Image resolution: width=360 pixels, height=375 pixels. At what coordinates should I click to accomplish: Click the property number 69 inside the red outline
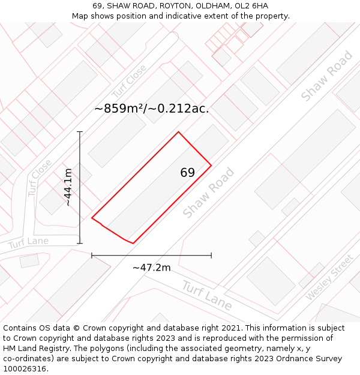[187, 173]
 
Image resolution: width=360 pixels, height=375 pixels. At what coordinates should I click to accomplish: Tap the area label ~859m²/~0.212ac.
[152, 109]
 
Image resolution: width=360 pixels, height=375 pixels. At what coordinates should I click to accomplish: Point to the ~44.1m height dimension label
[68, 187]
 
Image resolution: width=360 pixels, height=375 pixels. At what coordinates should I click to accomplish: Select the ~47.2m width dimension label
[151, 268]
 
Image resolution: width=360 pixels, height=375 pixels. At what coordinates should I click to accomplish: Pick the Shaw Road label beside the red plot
[208, 193]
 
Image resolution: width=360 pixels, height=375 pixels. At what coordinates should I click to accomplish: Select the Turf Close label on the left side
[40, 178]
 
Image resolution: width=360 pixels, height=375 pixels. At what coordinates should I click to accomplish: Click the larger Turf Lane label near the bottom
[207, 295]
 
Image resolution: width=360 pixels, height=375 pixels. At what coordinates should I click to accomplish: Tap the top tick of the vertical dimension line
[80, 131]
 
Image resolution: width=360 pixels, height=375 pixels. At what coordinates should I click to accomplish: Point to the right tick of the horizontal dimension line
[211, 256]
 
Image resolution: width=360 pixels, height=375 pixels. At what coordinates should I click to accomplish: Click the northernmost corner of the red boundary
[178, 132]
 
